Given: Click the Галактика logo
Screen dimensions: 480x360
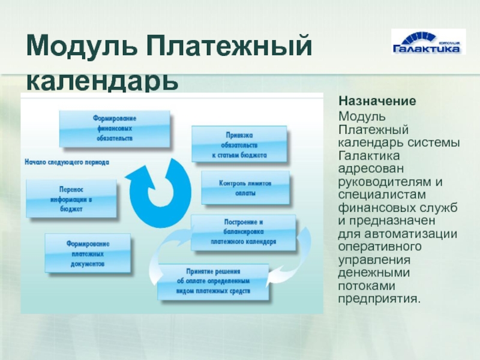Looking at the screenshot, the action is click(428, 42).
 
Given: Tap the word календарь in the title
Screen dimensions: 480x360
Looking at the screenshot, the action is click(102, 81).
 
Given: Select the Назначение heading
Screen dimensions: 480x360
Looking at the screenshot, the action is click(377, 101).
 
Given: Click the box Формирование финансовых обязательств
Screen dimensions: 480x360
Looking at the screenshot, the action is click(115, 128).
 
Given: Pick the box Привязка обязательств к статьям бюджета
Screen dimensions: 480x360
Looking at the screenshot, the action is click(239, 144).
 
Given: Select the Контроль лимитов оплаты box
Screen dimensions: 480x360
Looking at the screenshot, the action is click(245, 188).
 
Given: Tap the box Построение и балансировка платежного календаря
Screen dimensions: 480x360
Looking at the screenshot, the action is click(244, 232).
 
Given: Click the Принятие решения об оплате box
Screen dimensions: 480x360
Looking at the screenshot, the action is click(213, 281).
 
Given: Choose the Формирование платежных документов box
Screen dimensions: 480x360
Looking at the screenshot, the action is click(88, 253).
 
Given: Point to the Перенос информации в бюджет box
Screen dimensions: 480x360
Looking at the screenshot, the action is click(71, 199).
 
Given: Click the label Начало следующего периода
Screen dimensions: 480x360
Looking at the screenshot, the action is click(67, 162).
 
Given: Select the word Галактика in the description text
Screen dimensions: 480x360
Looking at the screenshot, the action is click(369, 155).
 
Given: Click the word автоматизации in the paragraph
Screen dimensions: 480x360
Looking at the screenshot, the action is click(411, 234).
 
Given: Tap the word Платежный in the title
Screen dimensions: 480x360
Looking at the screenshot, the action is click(229, 47).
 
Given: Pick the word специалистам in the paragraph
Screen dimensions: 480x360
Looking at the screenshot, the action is click(382, 195).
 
